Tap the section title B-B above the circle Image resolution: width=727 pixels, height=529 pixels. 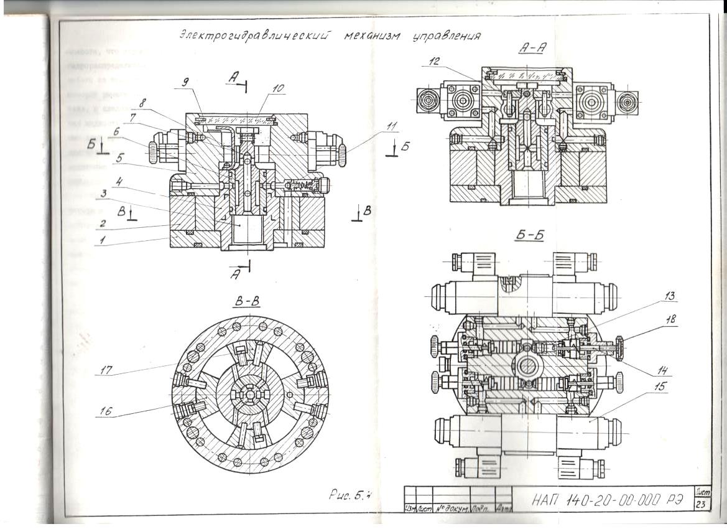[248, 303]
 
